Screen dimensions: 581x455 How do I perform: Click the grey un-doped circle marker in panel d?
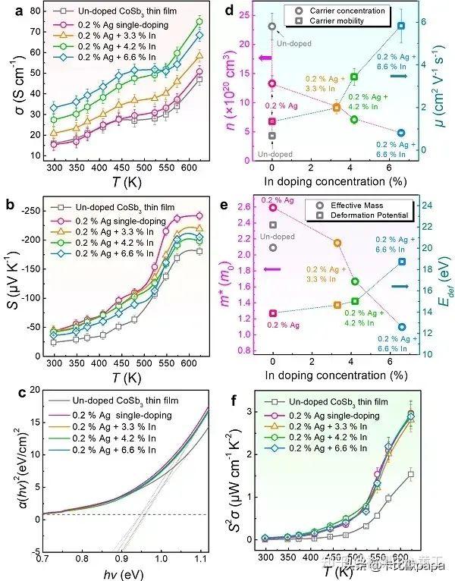[x=272, y=27]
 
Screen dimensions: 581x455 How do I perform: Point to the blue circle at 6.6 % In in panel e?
[x=401, y=327]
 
